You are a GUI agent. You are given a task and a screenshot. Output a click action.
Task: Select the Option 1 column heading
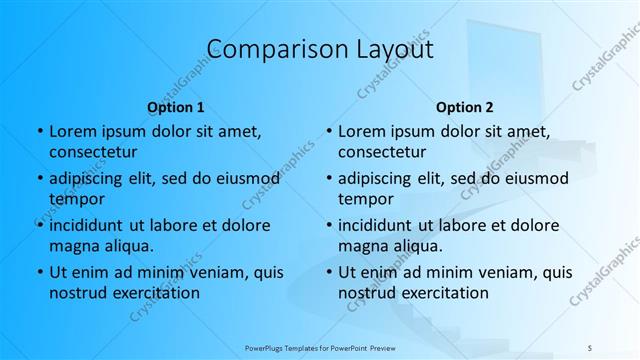[176, 107]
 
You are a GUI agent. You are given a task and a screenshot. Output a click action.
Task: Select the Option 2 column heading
[465, 107]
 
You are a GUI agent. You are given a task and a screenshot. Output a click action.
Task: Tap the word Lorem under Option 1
[72, 131]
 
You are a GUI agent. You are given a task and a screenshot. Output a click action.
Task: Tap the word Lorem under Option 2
[361, 131]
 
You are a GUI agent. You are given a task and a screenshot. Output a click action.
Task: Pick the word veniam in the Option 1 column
[212, 272]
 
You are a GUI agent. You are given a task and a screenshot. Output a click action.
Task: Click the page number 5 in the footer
[590, 347]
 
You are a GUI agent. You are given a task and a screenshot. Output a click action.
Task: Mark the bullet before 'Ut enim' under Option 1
[39, 272]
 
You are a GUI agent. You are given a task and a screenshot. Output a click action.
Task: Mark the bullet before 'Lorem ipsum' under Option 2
[328, 131]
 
